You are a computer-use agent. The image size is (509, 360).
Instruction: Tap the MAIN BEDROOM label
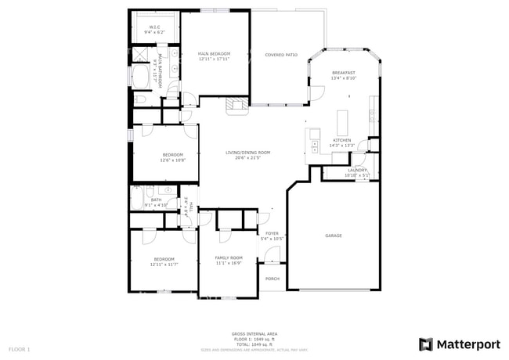point(213,54)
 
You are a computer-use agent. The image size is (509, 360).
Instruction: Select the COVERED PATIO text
point(281,55)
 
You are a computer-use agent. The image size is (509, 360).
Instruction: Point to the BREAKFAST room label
point(344,73)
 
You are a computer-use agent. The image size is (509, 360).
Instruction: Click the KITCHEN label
point(342,140)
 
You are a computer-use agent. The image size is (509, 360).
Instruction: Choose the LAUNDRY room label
point(356,170)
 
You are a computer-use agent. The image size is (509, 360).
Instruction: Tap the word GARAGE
point(334,235)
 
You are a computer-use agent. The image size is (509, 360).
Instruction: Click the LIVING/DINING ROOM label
point(247,153)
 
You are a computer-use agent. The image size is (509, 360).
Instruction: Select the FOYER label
point(272,233)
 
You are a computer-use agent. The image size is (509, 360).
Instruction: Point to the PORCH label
point(273,279)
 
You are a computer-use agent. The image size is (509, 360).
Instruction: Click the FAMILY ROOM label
point(229,257)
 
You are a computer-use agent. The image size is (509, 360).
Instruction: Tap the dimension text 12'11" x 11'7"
point(164,264)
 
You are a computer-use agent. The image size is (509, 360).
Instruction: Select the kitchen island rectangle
point(341,122)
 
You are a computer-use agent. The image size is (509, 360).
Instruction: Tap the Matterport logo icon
point(426,344)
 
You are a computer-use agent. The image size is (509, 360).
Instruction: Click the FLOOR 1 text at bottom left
point(19,348)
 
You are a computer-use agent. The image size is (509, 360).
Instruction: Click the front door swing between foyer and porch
point(271,254)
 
